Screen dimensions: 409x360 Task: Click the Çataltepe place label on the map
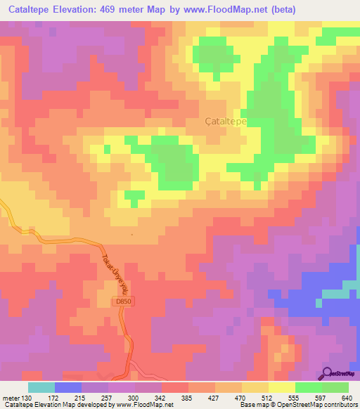[224, 121]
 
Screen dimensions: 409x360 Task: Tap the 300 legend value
[142, 397]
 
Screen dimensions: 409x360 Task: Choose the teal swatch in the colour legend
[41, 387]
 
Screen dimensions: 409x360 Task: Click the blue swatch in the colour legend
[68, 387]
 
